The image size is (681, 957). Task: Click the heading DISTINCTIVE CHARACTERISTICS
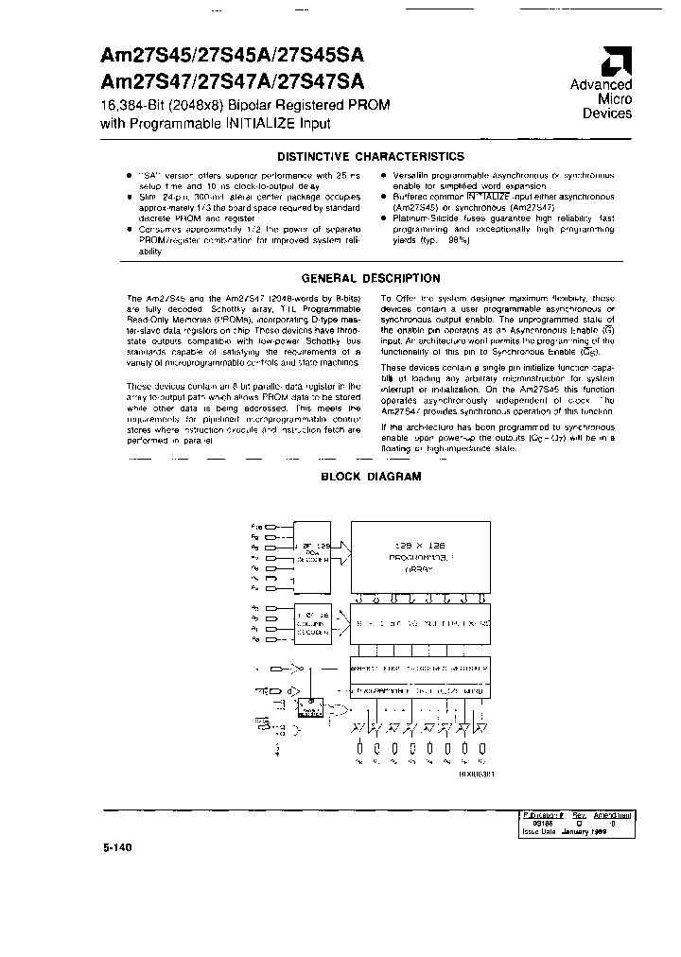370,157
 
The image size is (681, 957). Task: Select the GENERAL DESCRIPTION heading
370,279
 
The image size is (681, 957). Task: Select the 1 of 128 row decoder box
312,553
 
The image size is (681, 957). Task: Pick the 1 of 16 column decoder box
312,619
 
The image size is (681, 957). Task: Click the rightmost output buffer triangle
480,729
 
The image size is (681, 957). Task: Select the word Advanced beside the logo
601,85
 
